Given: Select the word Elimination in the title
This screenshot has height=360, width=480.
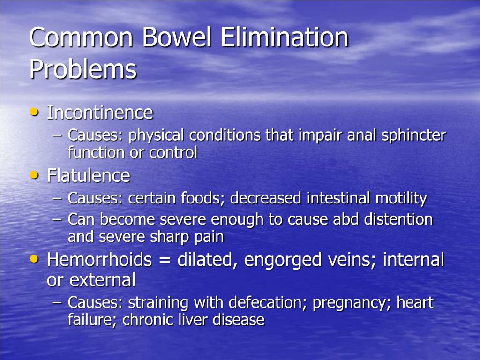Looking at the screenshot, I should (x=285, y=38).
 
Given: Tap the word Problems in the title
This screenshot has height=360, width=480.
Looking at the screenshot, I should (x=83, y=69).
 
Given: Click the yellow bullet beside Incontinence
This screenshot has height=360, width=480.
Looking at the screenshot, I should (x=34, y=112).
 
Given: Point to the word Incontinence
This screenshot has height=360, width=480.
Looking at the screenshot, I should (x=100, y=112).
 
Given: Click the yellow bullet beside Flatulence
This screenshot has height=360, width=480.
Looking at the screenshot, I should (x=34, y=175).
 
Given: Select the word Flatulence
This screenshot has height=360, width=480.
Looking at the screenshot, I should (x=89, y=176).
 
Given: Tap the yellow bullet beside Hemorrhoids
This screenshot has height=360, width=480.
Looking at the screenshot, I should (x=34, y=258).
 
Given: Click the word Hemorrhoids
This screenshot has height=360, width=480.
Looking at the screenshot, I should (x=99, y=259).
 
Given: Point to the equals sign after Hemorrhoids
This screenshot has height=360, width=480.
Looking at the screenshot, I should (x=164, y=260).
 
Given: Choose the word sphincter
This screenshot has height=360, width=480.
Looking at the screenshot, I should (x=413, y=135).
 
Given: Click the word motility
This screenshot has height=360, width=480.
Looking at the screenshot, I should (x=401, y=198).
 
